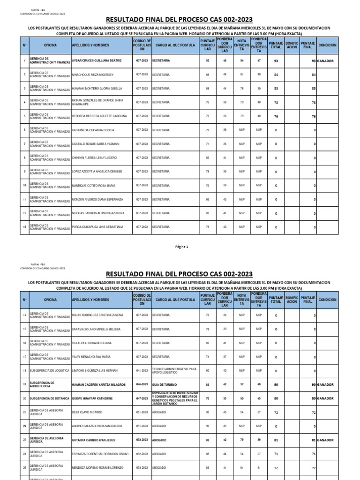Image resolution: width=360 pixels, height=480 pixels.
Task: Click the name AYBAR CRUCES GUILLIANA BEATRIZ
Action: pos(97,61)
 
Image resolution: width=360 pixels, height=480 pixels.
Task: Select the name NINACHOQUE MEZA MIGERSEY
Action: pos(93,75)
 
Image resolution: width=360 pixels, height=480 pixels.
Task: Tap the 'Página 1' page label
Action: pos(180,247)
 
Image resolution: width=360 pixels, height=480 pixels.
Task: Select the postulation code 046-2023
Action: pos(142,385)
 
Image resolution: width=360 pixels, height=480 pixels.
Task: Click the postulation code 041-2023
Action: pos(142,371)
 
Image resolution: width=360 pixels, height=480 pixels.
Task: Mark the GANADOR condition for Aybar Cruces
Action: pos(325,61)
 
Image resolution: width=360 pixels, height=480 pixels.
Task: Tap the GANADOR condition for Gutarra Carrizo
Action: pos(325,440)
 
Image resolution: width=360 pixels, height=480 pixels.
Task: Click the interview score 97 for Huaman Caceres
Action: pos(242,385)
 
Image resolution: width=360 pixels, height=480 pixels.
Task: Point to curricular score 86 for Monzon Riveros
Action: pos(208,199)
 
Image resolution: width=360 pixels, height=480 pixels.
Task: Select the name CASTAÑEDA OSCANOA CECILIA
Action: pos(93,130)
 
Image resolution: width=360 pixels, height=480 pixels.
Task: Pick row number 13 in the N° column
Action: pos(24,227)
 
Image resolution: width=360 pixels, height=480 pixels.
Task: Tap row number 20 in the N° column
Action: pos(24,398)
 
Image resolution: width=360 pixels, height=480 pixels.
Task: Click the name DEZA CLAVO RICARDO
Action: pos(87,412)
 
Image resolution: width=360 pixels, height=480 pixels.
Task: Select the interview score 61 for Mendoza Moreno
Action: pos(242,468)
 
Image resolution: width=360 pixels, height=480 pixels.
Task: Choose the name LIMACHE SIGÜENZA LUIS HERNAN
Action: pos(95,371)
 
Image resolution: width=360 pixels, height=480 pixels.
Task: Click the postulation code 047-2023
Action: pos(142,398)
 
